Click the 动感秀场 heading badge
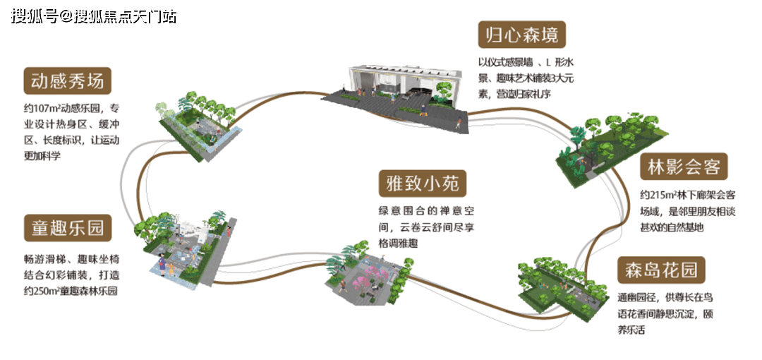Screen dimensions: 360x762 (67, 81)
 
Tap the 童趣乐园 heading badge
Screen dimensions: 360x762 (67, 228)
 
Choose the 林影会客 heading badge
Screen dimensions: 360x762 (684, 167)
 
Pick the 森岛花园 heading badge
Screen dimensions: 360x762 (661, 270)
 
